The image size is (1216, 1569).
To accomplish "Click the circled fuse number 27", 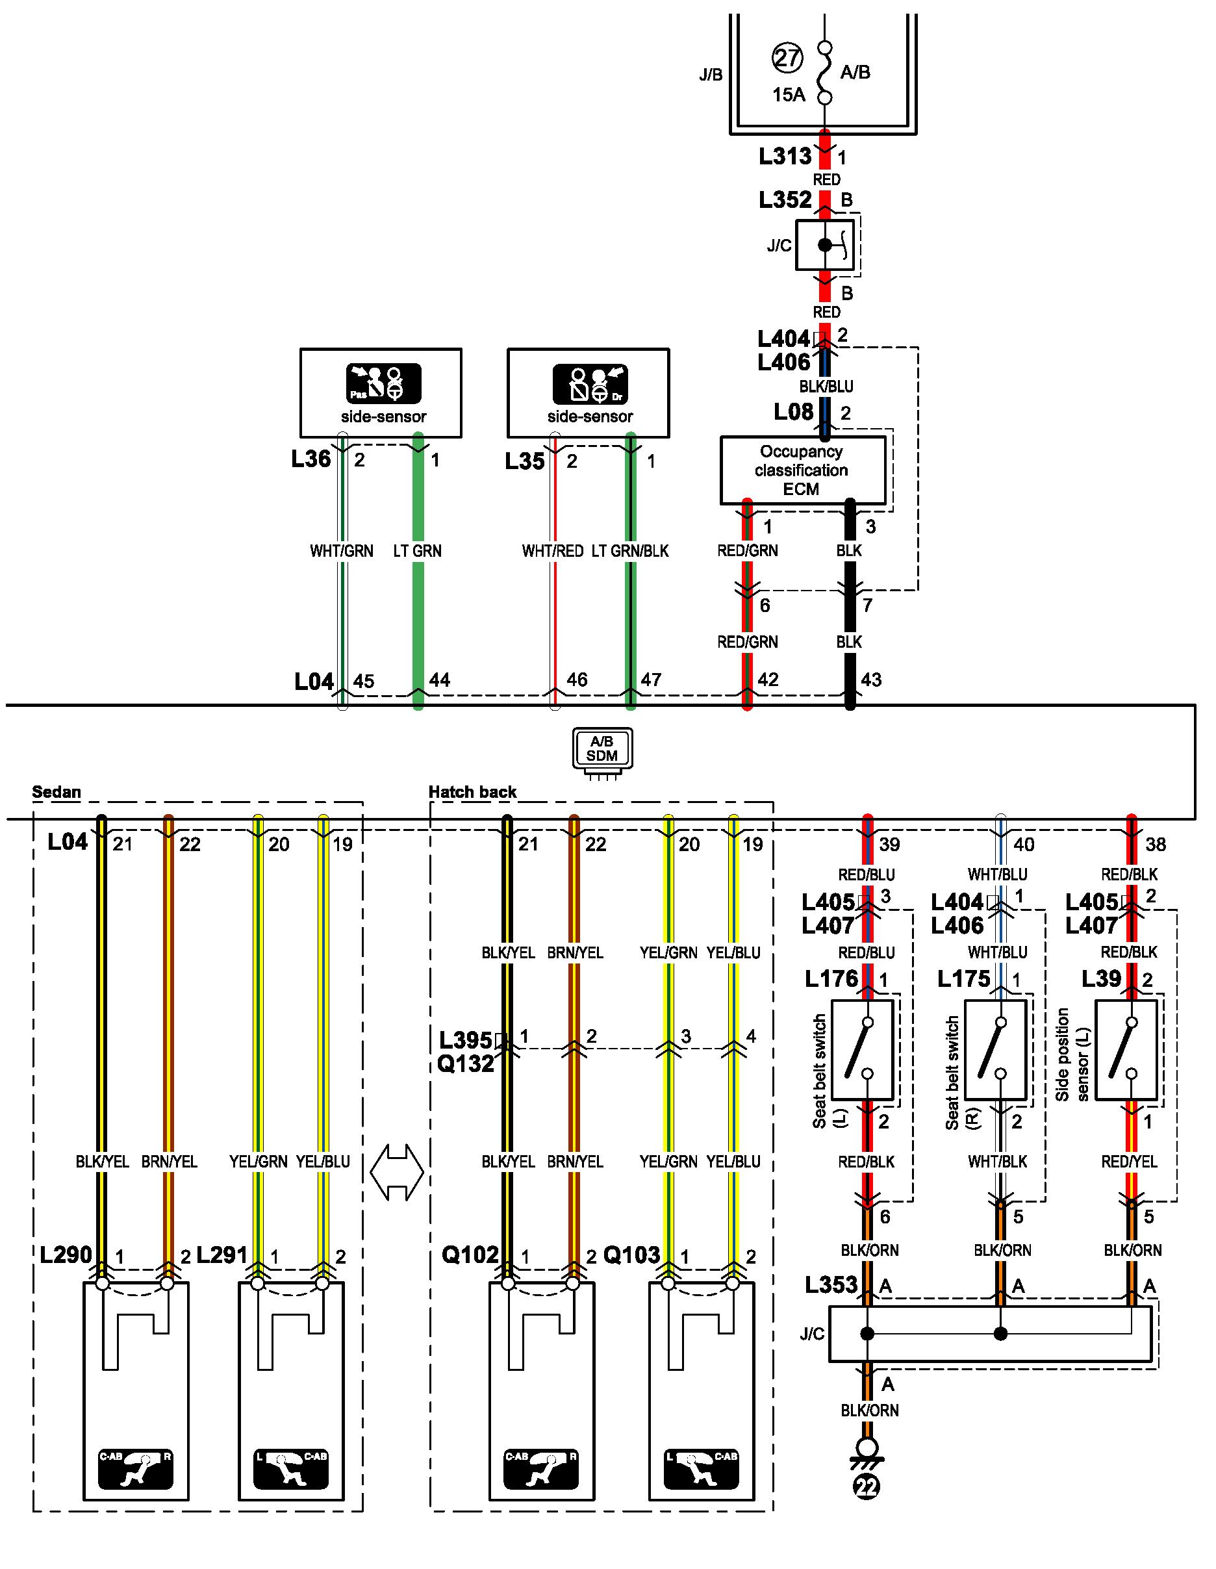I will pyautogui.click(x=787, y=57).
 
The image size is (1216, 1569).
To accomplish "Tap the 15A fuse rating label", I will pyautogui.click(x=788, y=95).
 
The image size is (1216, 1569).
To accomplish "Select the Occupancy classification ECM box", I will pyautogui.click(x=802, y=470).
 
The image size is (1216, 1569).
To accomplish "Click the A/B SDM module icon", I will pyautogui.click(x=603, y=748).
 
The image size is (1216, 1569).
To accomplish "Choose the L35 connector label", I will pyautogui.click(x=525, y=461).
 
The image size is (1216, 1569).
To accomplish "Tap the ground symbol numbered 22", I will pyautogui.click(x=867, y=1485).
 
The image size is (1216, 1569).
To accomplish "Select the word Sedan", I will pyautogui.click(x=57, y=792).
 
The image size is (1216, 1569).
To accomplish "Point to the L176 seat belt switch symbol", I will pyautogui.click(x=862, y=1050).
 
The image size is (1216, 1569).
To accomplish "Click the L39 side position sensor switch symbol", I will pyautogui.click(x=1126, y=1050).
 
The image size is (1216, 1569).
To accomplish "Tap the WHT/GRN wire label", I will pyautogui.click(x=341, y=551).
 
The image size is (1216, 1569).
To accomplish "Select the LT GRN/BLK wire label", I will pyautogui.click(x=630, y=551).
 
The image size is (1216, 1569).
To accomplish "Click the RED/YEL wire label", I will pyautogui.click(x=1129, y=1162).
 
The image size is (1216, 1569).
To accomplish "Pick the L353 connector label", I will pyautogui.click(x=831, y=1284).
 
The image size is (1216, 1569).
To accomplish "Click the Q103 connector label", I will pyautogui.click(x=631, y=1255).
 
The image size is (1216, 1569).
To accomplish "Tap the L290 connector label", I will pyautogui.click(x=66, y=1255).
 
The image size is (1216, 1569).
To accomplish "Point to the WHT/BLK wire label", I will pyautogui.click(x=997, y=1162).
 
